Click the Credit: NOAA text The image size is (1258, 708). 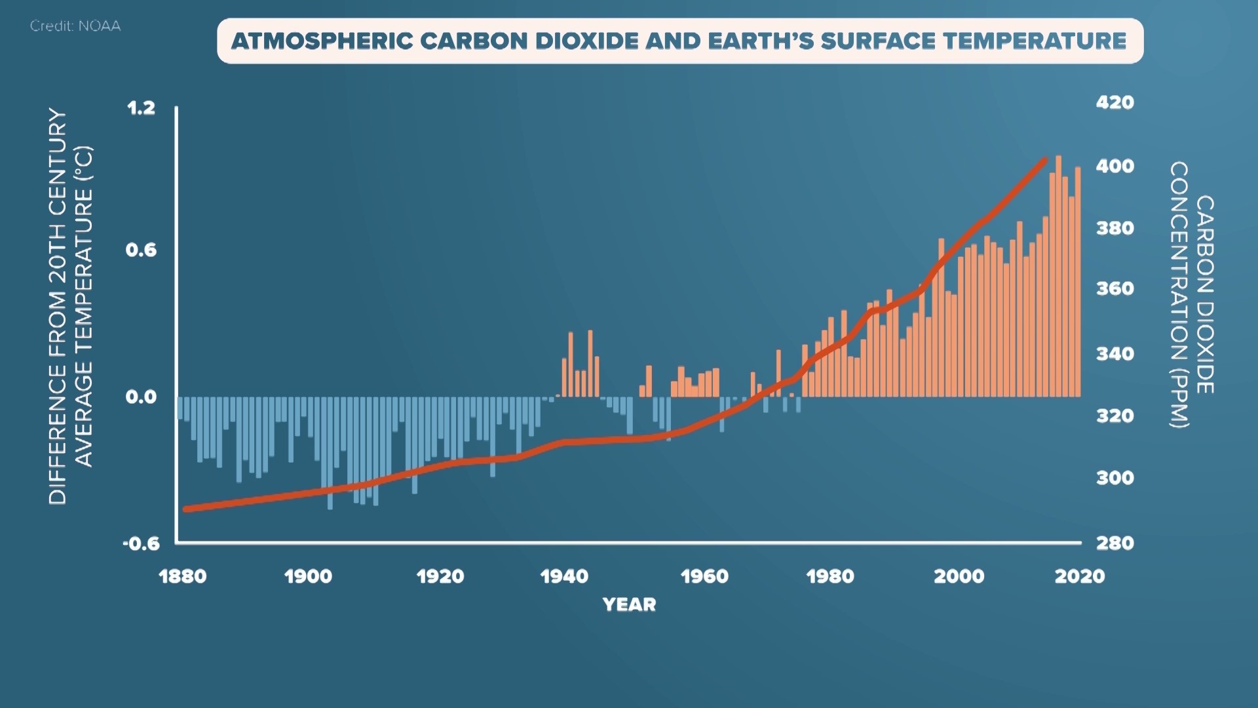click(75, 26)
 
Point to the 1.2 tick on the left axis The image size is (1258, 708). click(141, 108)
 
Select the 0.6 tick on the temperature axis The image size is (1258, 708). click(141, 250)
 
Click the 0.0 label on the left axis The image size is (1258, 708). click(141, 397)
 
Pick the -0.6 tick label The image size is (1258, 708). click(141, 543)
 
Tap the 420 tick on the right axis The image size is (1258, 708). click(1115, 103)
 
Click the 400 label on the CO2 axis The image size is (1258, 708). click(1115, 167)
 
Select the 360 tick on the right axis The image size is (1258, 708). click(1115, 288)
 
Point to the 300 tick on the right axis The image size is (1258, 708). click(1115, 478)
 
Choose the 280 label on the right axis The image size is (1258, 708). click(1115, 543)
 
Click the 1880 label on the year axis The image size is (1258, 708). click(182, 577)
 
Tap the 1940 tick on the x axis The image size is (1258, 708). click(564, 577)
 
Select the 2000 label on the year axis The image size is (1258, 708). click(959, 577)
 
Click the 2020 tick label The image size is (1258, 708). click(1079, 577)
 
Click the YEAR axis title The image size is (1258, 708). click(629, 604)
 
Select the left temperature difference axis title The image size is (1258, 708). click(71, 306)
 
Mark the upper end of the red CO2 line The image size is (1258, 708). click(1044, 159)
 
